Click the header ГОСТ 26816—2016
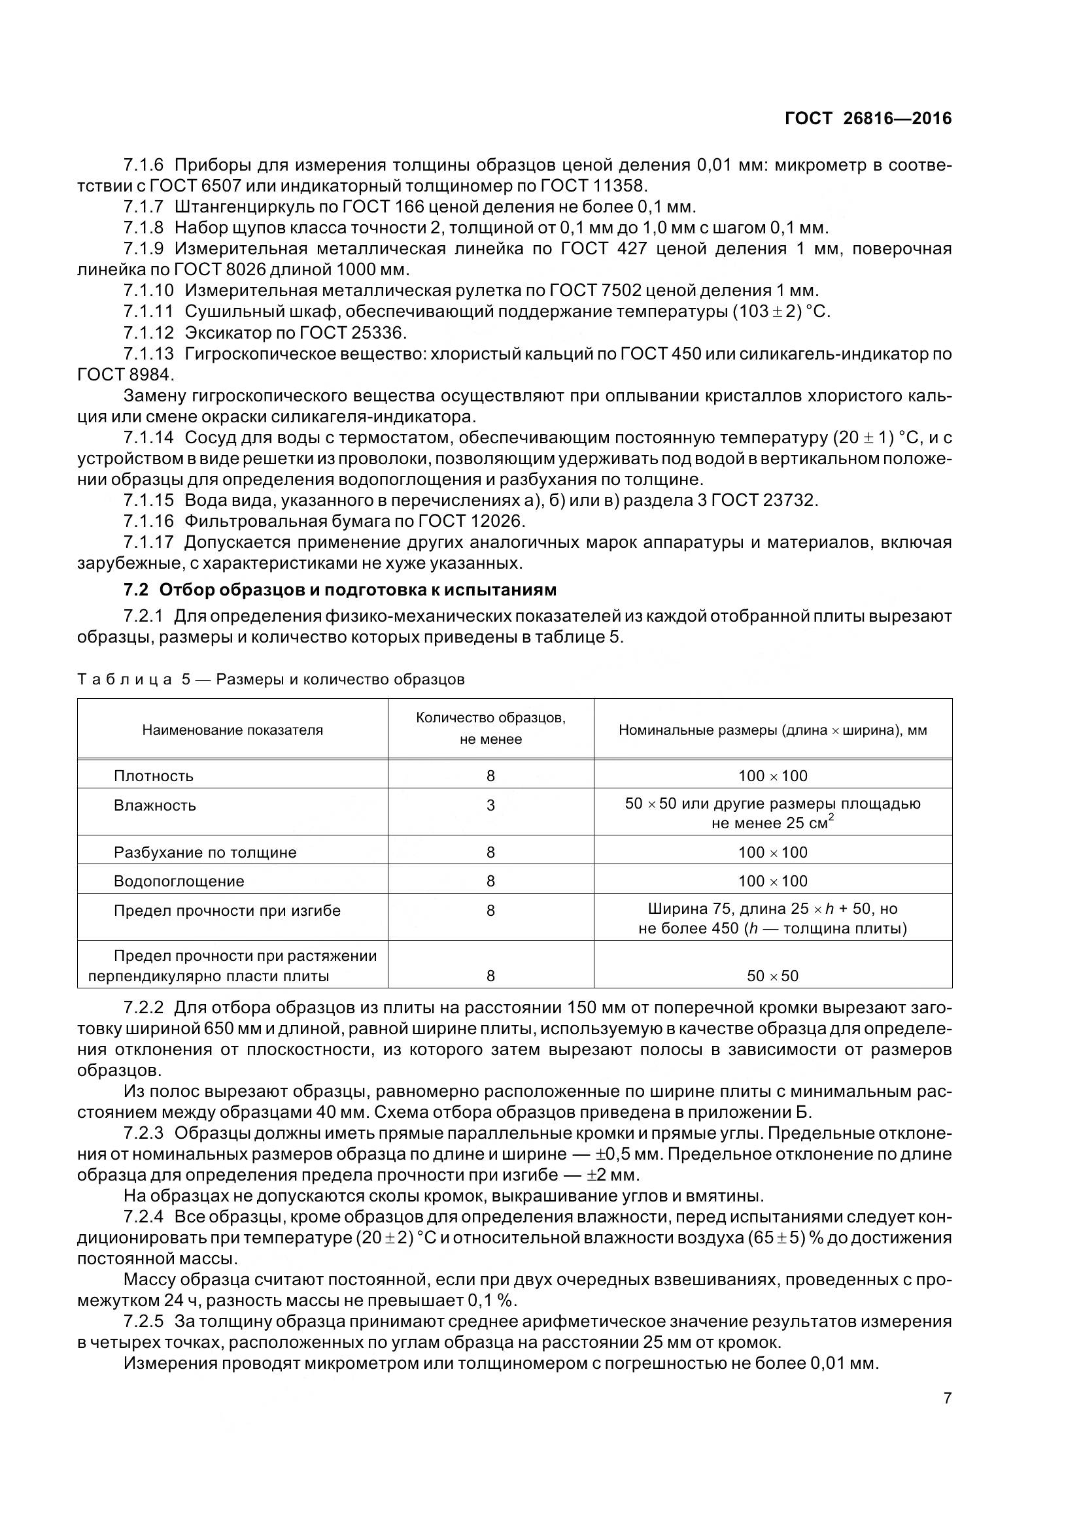coord(868,118)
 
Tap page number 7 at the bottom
coord(947,1398)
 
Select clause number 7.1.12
coord(148,332)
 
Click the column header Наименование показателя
coord(232,730)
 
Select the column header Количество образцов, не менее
coord(491,728)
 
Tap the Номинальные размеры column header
coord(772,730)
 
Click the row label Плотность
coord(154,776)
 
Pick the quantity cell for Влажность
coord(491,805)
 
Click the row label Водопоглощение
coord(179,881)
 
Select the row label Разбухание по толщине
coord(205,852)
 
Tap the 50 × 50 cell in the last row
coord(772,975)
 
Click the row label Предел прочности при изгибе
coord(227,911)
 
